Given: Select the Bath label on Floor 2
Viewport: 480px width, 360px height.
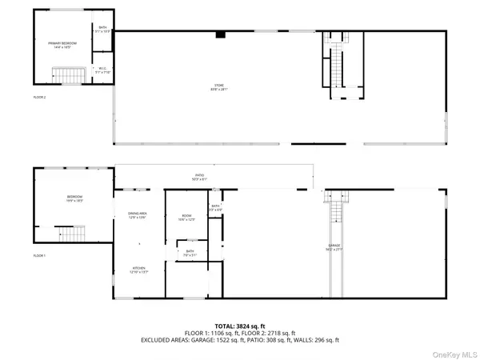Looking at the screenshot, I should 102,31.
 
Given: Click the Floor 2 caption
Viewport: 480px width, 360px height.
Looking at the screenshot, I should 39,97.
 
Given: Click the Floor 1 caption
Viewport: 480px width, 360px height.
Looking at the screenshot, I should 39,255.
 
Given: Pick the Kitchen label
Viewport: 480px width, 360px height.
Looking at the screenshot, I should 139,269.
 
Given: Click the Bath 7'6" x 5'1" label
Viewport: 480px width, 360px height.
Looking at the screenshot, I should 190,254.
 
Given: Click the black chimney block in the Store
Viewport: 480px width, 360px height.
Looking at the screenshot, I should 220,35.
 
